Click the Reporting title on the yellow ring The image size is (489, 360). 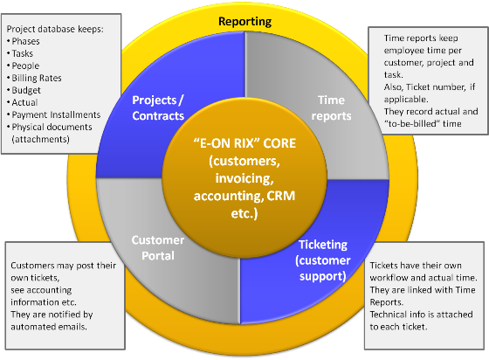click(244, 22)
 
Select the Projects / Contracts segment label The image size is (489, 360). click(158, 108)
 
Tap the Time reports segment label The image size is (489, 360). click(331, 108)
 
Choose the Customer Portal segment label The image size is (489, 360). click(158, 247)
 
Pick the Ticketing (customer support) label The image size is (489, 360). click(323, 260)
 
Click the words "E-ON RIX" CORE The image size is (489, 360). click(244, 143)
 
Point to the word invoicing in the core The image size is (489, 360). click(244, 178)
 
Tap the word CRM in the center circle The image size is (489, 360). click(280, 196)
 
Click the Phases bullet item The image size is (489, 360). click(25, 41)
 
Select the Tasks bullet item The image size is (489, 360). click(23, 53)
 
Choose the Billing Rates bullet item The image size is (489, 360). click(37, 78)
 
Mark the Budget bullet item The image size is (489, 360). click(26, 91)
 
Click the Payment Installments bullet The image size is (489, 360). click(56, 114)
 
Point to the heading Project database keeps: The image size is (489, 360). click(55, 29)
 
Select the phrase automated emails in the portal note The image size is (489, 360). click(49, 327)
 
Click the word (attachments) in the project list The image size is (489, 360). click(40, 139)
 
